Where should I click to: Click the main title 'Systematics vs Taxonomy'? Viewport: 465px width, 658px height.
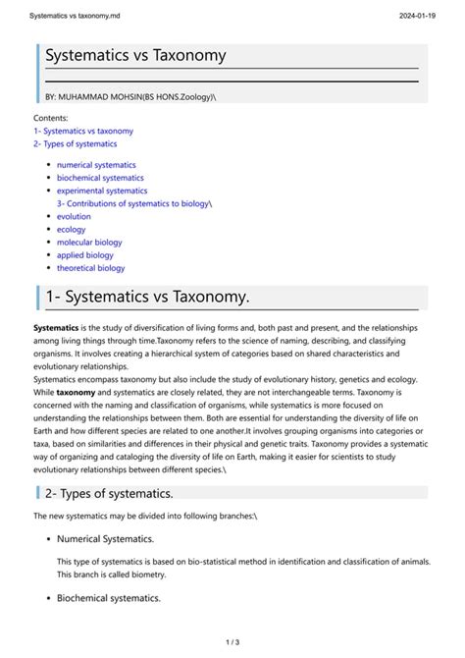coord(135,57)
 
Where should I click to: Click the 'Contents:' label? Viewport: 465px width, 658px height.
coord(51,118)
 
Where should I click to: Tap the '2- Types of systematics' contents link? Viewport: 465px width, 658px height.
coord(75,143)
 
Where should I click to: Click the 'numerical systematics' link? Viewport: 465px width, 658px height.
coord(96,165)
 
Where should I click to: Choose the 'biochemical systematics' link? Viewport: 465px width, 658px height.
coord(100,178)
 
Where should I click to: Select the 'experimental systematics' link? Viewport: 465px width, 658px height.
coord(102,191)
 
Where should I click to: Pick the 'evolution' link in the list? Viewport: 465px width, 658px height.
coord(74,216)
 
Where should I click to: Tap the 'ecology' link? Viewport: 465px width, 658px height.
coord(71,229)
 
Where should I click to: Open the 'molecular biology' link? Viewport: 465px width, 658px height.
coord(89,242)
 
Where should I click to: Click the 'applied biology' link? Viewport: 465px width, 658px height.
coord(85,254)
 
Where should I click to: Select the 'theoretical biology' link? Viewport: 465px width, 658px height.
coord(90,267)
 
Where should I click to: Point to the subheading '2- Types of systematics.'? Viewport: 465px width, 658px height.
coord(109,492)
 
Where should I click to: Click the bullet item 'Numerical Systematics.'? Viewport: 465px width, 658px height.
coord(105,538)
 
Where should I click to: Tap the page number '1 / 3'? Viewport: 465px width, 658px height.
coord(232,642)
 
